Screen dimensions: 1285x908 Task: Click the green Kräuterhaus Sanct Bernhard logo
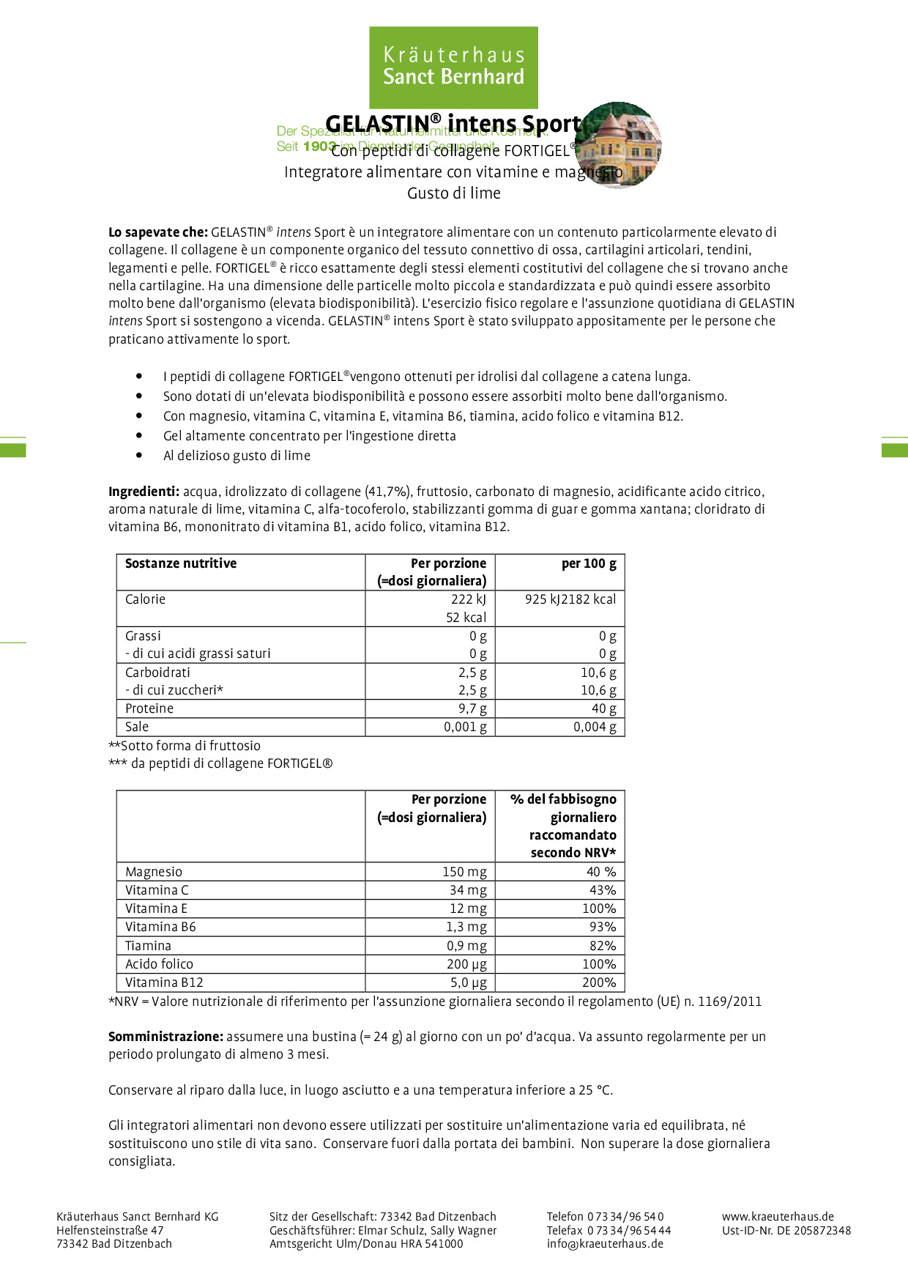coord(453,67)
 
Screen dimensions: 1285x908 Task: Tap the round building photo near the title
coord(619,145)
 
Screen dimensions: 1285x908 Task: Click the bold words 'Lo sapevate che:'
coord(158,232)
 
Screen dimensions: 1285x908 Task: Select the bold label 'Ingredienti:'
coord(144,492)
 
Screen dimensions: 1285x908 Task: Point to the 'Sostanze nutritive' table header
coord(181,563)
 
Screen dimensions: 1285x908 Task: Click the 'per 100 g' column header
coord(589,563)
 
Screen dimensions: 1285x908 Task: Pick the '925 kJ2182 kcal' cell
coord(570,599)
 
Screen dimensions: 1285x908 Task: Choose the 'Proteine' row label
coord(149,708)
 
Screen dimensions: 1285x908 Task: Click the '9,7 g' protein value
coord(472,708)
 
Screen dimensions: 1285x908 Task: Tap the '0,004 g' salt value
coord(595,727)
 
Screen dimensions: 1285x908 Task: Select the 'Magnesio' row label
coord(154,872)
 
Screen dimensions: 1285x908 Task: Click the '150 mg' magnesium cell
coord(464,872)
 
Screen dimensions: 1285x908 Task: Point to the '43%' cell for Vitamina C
coord(603,890)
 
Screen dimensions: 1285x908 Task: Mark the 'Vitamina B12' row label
coord(164,982)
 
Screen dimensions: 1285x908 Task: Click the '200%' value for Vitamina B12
coord(599,982)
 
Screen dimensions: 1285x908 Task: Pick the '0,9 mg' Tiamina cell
coord(466,946)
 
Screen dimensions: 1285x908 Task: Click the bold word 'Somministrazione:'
coord(165,1037)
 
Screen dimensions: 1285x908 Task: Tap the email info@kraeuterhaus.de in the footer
coord(605,1243)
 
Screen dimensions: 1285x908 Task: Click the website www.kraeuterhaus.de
coord(778,1217)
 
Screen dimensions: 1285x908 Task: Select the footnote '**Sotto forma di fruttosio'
coord(185,746)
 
